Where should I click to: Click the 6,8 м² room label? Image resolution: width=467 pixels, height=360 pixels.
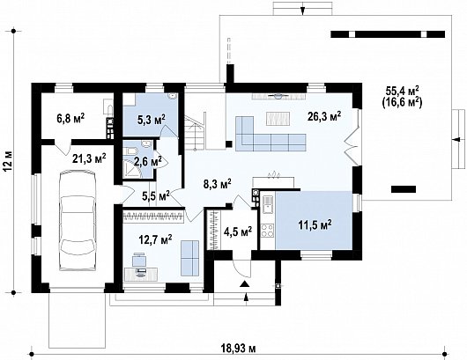70,119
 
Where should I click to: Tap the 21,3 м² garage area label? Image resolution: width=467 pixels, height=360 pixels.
89,158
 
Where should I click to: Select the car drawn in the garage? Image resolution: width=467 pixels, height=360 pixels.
78,220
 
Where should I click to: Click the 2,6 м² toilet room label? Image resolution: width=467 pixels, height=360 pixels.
148,162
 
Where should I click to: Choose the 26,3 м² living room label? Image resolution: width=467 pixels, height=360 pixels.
324,116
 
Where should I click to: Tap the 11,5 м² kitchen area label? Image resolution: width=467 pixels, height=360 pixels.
315,225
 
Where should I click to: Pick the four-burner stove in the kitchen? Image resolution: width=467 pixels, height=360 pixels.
268,231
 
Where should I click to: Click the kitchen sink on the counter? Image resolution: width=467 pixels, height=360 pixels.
268,204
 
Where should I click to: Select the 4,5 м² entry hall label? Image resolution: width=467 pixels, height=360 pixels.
238,231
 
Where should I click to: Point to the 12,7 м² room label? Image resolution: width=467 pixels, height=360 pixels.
155,239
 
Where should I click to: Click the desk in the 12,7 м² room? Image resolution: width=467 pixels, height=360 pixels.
141,275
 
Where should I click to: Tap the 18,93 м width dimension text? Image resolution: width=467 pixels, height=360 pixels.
238,348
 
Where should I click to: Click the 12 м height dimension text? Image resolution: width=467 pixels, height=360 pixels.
8,161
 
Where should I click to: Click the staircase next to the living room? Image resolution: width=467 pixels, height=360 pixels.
195,132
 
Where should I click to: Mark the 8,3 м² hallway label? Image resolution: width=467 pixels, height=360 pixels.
218,185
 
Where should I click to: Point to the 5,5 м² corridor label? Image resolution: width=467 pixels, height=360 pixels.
156,196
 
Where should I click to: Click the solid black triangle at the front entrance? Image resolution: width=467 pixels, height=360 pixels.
245,283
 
